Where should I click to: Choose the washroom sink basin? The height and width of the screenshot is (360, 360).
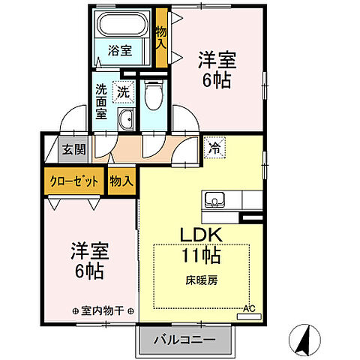(x=126, y=118)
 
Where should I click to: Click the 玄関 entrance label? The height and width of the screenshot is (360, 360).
(x=73, y=148)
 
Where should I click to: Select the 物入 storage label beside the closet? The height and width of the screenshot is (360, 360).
(x=121, y=181)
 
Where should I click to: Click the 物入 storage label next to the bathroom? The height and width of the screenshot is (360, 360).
(x=160, y=37)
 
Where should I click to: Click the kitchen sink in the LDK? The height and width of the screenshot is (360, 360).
(x=214, y=201)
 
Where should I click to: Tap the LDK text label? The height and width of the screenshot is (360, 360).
(x=198, y=235)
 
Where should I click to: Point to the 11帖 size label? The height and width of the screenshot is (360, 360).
(x=199, y=255)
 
